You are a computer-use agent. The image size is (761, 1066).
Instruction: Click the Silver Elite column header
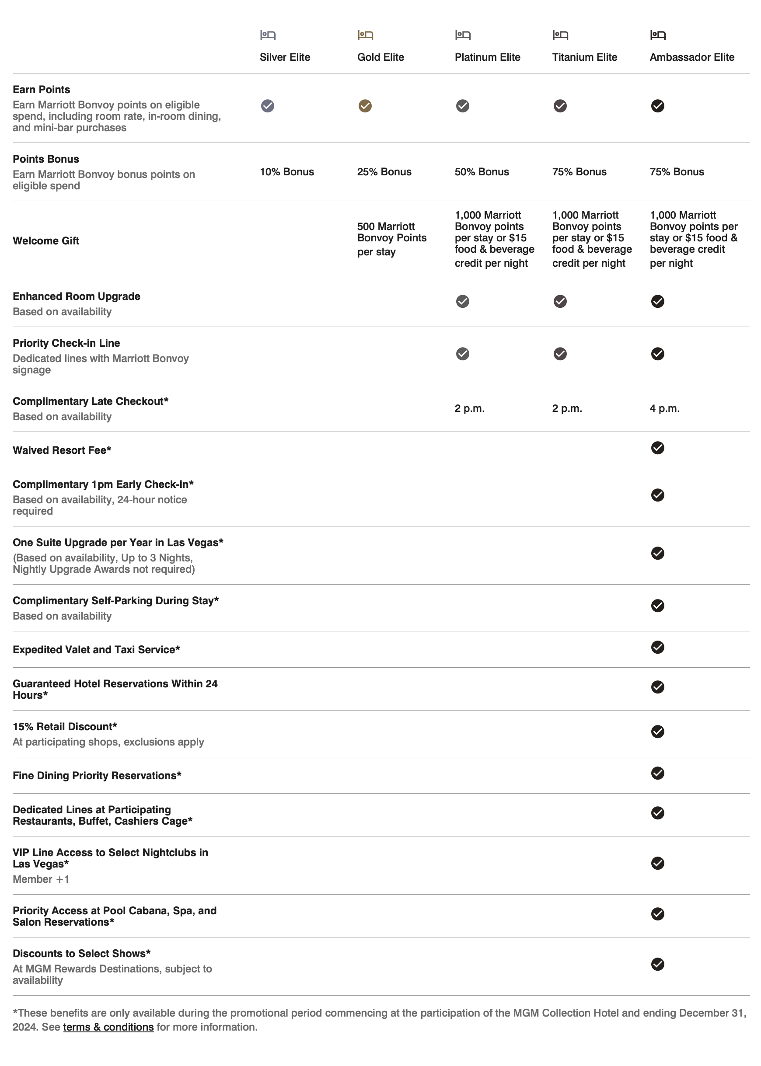click(285, 57)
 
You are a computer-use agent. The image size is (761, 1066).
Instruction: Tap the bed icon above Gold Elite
click(365, 35)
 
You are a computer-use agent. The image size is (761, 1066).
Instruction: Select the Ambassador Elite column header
click(691, 57)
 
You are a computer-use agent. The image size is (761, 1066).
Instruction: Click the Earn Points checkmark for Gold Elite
click(365, 106)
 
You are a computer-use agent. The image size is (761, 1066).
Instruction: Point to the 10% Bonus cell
click(287, 172)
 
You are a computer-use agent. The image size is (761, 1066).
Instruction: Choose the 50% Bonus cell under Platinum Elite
click(482, 172)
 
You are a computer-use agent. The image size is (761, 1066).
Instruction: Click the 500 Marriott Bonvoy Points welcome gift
click(392, 239)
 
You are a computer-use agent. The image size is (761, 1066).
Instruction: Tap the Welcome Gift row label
click(46, 241)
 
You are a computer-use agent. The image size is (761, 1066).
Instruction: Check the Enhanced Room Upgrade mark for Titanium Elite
click(560, 301)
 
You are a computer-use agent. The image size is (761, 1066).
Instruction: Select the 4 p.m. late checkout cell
click(664, 408)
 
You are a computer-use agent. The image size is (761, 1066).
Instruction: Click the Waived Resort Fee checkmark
click(657, 448)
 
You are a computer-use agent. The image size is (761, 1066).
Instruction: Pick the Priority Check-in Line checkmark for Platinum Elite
click(463, 354)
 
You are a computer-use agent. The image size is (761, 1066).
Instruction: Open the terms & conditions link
click(108, 1027)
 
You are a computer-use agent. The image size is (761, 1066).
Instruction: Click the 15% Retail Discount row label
click(65, 726)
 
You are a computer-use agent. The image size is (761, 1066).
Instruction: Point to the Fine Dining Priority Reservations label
click(97, 776)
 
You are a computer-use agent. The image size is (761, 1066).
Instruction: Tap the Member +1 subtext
click(41, 879)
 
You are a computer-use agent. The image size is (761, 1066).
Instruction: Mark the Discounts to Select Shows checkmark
click(657, 964)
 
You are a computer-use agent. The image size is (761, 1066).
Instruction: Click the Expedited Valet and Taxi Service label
click(96, 650)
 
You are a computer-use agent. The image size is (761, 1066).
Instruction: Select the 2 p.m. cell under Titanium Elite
click(567, 408)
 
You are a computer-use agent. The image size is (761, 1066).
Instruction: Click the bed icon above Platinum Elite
click(463, 35)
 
